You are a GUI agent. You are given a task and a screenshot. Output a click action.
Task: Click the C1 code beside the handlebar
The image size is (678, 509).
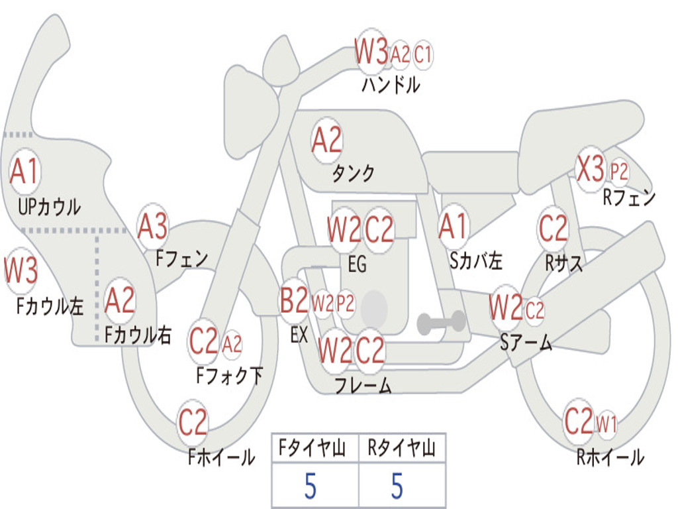pyautogui.click(x=423, y=55)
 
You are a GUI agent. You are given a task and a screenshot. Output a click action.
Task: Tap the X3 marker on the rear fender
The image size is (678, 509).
pyautogui.click(x=591, y=168)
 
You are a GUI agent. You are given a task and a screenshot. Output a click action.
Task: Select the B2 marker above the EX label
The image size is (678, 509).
pyautogui.click(x=294, y=300)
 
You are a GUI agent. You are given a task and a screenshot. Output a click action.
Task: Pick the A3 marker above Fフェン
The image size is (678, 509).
pyautogui.click(x=152, y=226)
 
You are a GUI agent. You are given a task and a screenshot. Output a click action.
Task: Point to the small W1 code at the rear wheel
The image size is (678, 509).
pyautogui.click(x=606, y=424)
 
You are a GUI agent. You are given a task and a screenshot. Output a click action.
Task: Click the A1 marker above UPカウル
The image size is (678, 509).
pyautogui.click(x=24, y=172)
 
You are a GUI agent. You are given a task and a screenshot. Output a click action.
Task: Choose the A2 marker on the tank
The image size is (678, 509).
pyautogui.click(x=327, y=141)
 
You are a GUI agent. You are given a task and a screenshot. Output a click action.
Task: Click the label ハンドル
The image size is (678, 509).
pyautogui.click(x=391, y=84)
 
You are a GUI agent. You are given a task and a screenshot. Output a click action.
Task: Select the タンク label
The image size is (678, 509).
pyautogui.click(x=353, y=173)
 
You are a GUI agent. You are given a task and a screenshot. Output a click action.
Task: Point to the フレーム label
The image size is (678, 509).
pyautogui.click(x=363, y=385)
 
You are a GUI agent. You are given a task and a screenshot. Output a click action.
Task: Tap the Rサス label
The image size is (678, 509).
pyautogui.click(x=563, y=262)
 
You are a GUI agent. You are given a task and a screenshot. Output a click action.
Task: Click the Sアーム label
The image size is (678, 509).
pyautogui.click(x=526, y=343)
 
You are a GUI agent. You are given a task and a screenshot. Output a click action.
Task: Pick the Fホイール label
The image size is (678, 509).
pyautogui.click(x=221, y=457)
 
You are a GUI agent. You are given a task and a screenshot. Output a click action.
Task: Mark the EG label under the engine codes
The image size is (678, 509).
pyautogui.click(x=357, y=264)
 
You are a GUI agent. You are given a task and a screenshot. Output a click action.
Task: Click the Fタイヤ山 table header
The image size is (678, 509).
pyautogui.click(x=313, y=448)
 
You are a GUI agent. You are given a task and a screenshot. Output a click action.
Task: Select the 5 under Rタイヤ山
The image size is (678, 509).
pyautogui.click(x=397, y=486)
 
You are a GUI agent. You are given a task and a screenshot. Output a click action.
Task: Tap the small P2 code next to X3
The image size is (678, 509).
pyautogui.click(x=619, y=172)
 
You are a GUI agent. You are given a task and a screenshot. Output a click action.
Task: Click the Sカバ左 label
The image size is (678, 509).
pyautogui.click(x=475, y=260)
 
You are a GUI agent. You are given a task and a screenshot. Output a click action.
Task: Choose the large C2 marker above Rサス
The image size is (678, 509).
pyautogui.click(x=553, y=228)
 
